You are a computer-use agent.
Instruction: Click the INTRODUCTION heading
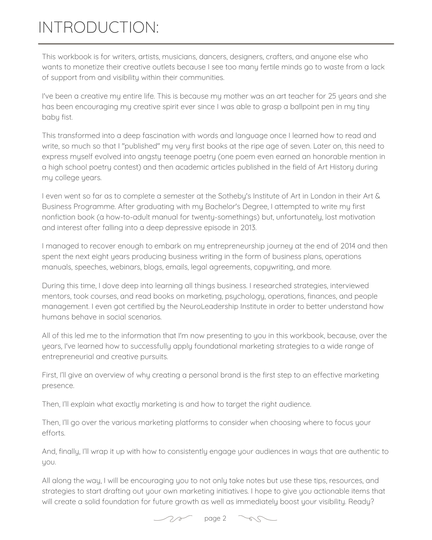[98, 28]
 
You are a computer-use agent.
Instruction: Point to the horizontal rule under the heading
[216, 44]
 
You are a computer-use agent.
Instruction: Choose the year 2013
[248, 228]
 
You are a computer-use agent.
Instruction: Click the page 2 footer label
[215, 518]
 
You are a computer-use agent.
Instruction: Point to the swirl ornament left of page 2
[173, 519]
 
